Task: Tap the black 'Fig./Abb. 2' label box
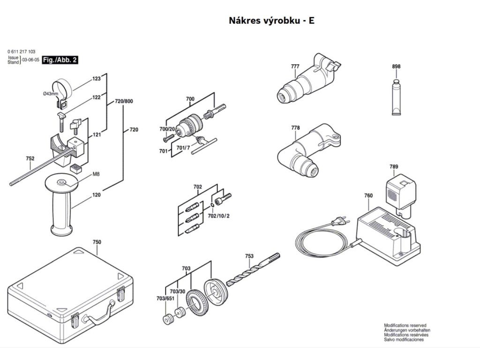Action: tap(60, 60)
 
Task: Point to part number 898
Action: tap(396, 67)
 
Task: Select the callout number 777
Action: tap(294, 67)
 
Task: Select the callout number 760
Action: tap(368, 195)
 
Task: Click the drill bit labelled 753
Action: tap(253, 270)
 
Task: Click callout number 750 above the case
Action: tap(97, 242)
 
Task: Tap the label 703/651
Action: tap(165, 298)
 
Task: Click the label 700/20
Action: tap(167, 129)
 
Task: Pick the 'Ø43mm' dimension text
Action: tap(51, 94)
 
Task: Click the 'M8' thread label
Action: tap(96, 174)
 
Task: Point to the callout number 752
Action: tap(30, 159)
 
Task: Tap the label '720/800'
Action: tap(124, 101)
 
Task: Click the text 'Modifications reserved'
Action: tap(405, 325)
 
